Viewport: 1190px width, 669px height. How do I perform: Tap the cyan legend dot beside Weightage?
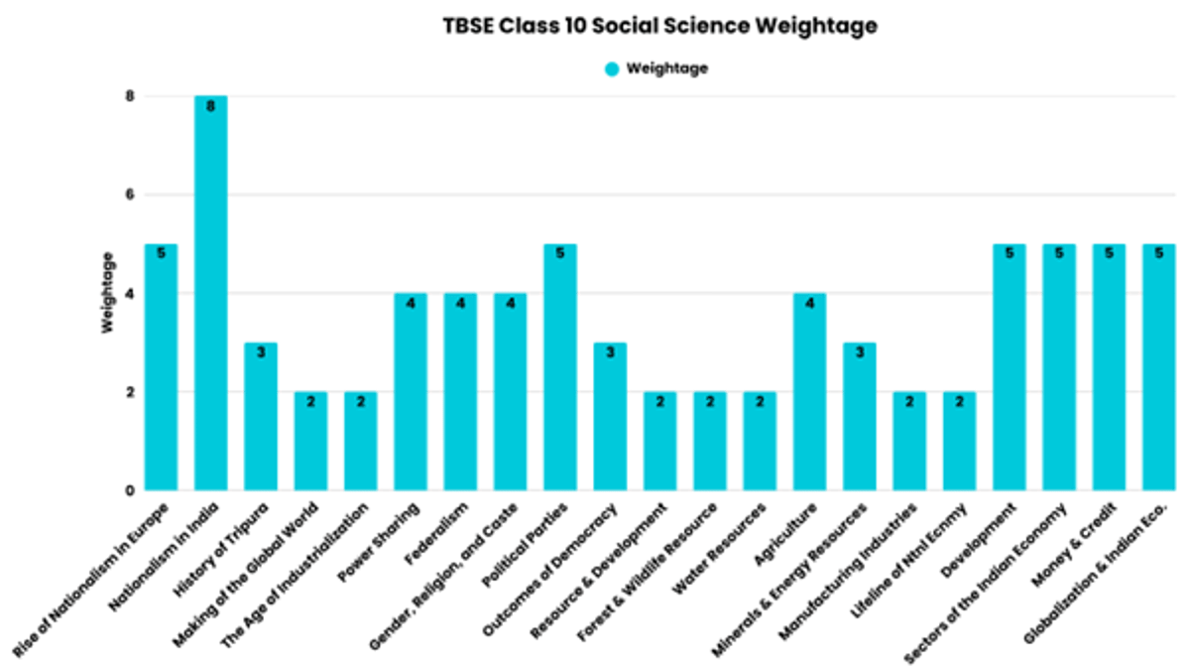(x=612, y=69)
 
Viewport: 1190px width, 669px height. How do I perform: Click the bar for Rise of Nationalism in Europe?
(x=161, y=367)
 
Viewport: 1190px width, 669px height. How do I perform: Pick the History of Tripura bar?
(x=261, y=417)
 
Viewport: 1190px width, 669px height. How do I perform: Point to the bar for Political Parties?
(x=560, y=367)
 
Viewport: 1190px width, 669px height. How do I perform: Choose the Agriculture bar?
(x=809, y=392)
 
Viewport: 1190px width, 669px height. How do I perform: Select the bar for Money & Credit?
(x=1109, y=367)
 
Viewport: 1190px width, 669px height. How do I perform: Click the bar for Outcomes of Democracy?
(x=610, y=417)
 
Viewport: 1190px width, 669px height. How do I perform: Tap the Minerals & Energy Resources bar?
(x=860, y=417)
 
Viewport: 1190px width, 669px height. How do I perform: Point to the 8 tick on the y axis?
(x=129, y=96)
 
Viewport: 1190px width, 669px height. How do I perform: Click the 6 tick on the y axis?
(x=129, y=195)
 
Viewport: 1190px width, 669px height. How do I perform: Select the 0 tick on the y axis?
(x=129, y=490)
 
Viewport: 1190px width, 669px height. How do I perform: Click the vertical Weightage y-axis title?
(x=108, y=293)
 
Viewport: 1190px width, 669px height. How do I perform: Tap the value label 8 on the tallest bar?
(x=210, y=106)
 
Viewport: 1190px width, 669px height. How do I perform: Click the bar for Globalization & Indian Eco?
(x=1158, y=367)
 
